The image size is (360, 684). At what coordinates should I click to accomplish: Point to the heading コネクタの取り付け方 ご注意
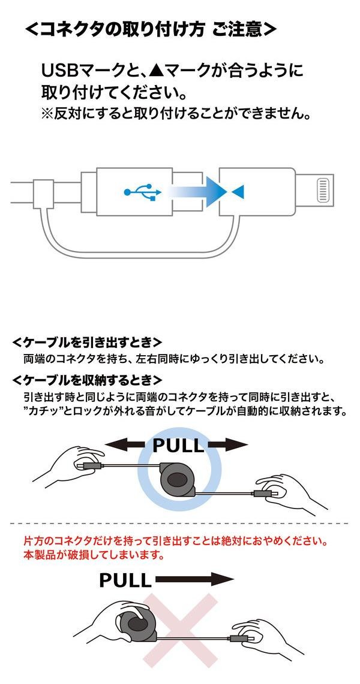pos(151,30)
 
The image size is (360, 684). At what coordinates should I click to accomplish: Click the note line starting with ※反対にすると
pos(175,113)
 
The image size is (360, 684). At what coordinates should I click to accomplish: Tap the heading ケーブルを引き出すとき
pos(87,343)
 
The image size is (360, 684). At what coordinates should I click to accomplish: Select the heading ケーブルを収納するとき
pos(87,380)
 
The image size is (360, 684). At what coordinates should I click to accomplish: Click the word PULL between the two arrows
pos(178,445)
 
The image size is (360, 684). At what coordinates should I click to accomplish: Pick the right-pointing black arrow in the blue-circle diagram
pos(228,444)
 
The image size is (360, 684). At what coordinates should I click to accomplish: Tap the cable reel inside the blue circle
pos(178,477)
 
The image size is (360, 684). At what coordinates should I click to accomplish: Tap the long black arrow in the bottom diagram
pos(194,579)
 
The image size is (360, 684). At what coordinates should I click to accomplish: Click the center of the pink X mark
pos(180,629)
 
